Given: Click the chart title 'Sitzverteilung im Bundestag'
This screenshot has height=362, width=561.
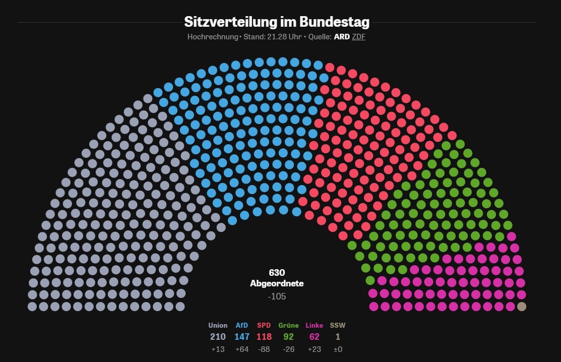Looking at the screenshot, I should (277, 22).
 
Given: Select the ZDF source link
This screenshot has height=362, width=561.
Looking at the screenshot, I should (358, 37).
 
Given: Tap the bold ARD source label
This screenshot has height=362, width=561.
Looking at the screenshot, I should (341, 37).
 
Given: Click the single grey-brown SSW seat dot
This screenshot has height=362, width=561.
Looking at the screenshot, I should (522, 306).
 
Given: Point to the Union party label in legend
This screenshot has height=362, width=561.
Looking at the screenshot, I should (218, 325).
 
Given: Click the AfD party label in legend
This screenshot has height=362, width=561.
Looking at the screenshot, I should (242, 325).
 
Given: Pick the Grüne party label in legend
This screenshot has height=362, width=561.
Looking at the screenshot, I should (288, 325).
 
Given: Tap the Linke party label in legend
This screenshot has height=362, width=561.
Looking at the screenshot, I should (314, 325).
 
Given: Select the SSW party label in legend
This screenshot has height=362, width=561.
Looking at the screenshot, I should (338, 325).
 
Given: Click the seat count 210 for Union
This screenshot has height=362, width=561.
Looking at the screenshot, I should (218, 337).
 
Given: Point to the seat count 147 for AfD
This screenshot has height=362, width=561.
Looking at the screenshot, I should (242, 337).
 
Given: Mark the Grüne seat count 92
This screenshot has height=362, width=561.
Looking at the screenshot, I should (288, 337).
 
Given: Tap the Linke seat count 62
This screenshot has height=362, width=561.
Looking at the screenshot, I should (314, 337).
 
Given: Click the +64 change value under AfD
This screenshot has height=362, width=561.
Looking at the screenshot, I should (242, 349).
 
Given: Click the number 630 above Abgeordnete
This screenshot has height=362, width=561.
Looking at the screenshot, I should (277, 272).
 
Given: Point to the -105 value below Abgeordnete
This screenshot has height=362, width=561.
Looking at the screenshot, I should (277, 296).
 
